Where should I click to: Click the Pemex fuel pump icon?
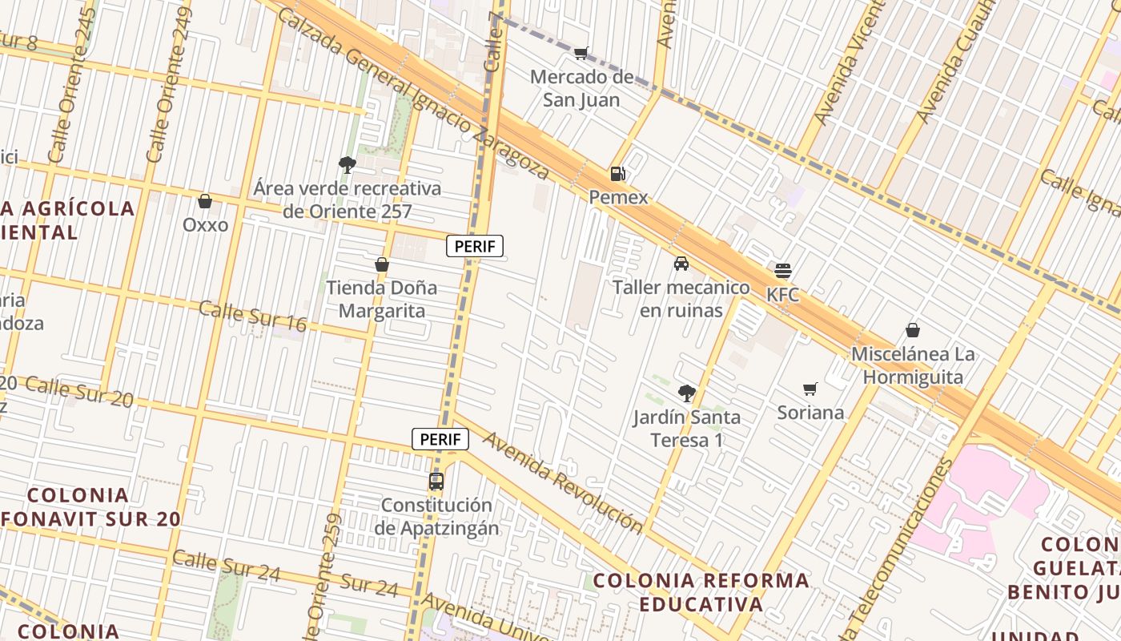617,173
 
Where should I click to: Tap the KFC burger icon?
783,271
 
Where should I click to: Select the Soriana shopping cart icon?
810,389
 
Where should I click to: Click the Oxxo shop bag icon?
205,201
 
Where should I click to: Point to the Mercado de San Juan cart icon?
581,54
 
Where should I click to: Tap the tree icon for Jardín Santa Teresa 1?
686,393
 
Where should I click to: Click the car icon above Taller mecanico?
681,264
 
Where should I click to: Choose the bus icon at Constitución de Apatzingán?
436,482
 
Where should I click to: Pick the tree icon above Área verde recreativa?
347,165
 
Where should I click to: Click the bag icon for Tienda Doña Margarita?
382,264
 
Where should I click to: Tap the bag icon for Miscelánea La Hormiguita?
912,330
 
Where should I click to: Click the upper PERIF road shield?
475,247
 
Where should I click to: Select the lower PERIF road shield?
440,439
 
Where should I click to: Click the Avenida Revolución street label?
562,482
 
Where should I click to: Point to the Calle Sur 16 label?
252,316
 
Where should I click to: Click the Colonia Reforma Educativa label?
701,591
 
